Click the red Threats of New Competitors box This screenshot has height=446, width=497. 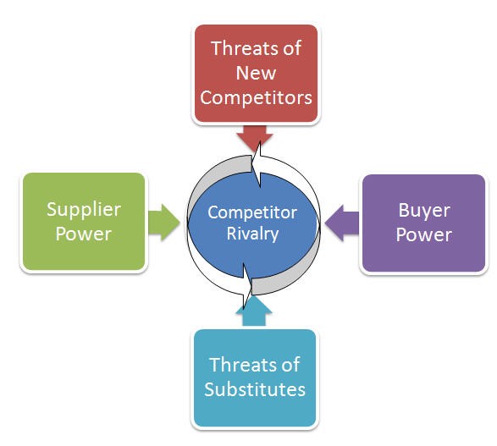pyautogui.click(x=256, y=74)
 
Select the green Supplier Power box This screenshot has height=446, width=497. pyautogui.click(x=84, y=222)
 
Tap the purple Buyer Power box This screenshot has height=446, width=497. pyautogui.click(x=424, y=223)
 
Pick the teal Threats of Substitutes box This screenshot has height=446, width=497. pyautogui.click(x=255, y=378)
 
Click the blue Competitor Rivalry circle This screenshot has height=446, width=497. pyautogui.click(x=252, y=225)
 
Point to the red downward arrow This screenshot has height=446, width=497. pyautogui.click(x=255, y=138)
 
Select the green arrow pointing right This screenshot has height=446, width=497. pyautogui.click(x=164, y=223)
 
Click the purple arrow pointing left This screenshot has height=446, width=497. pyautogui.click(x=342, y=223)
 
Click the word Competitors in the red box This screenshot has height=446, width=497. pyautogui.click(x=256, y=97)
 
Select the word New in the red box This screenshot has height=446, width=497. pyautogui.click(x=256, y=73)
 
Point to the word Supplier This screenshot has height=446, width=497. pyautogui.click(x=84, y=211)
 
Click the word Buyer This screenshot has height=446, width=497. pyautogui.click(x=424, y=211)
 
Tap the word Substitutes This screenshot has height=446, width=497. pyautogui.click(x=255, y=389)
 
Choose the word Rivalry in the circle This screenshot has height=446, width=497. pyautogui.click(x=252, y=234)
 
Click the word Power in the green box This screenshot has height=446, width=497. pyautogui.click(x=84, y=234)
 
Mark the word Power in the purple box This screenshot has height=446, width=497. pyautogui.click(x=424, y=235)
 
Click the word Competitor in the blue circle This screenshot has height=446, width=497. pyautogui.click(x=252, y=212)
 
